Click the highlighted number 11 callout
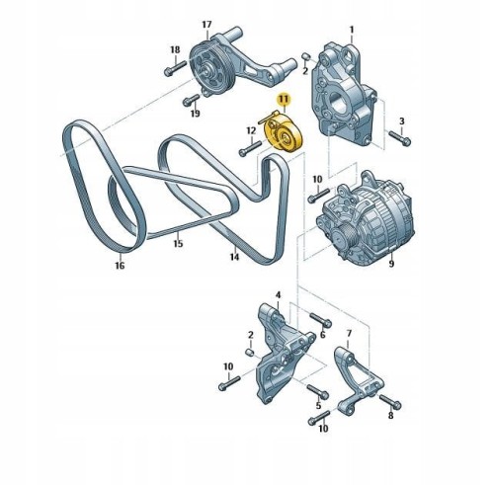click(284, 99)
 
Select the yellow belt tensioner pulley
click(284, 135)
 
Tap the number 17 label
click(206, 25)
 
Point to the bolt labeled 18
click(175, 67)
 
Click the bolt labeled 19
click(191, 100)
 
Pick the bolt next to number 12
click(250, 148)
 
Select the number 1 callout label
click(352, 30)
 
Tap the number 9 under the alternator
click(391, 264)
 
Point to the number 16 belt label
click(120, 265)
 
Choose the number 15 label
click(178, 243)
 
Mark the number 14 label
click(234, 257)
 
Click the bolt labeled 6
click(320, 319)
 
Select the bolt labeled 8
click(390, 402)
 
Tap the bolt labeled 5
click(318, 391)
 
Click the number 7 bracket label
click(349, 334)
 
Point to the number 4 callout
click(279, 295)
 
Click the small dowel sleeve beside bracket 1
click(306, 56)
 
